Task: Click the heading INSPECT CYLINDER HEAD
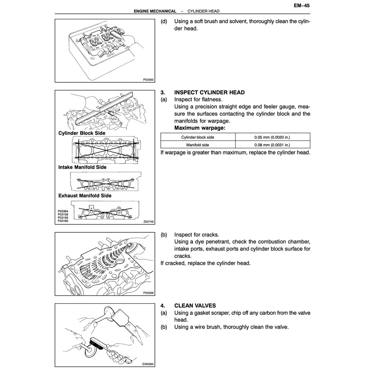pos(209,92)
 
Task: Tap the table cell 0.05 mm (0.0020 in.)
pos(272,137)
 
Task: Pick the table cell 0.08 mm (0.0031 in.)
pos(272,145)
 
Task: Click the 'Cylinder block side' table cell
pos(198,137)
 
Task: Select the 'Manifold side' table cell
pos(198,145)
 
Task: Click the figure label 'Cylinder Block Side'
pos(82,133)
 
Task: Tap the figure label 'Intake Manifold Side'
pos(82,167)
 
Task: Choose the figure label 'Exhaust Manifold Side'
pos(85,195)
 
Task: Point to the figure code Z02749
pos(148,221)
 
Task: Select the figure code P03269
pos(148,293)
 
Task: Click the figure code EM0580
pos(148,364)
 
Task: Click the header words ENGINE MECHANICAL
pos(155,11)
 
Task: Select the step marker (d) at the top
pos(164,21)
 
